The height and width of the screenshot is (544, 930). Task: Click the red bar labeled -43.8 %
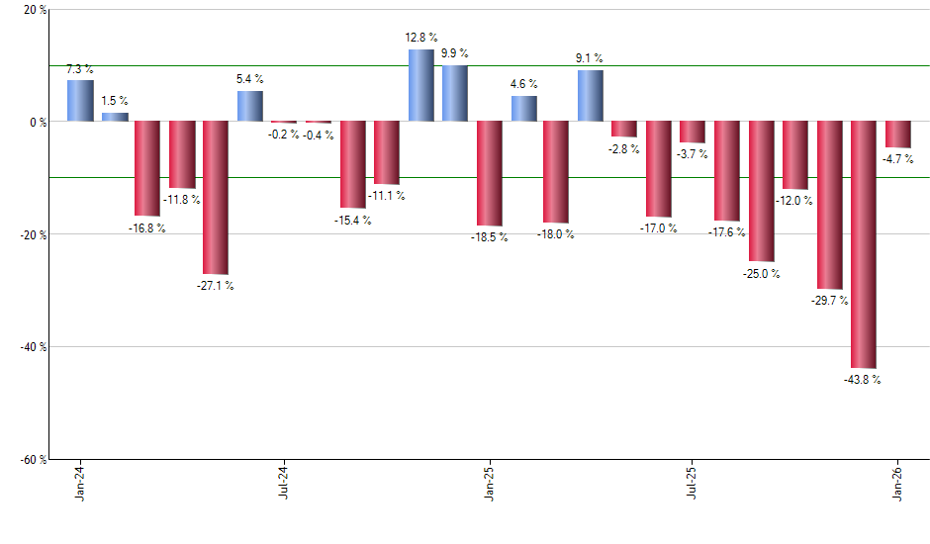pyautogui.click(x=864, y=244)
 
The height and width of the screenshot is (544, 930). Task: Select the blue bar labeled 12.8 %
pyautogui.click(x=421, y=85)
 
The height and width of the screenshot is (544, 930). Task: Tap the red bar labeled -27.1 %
pyautogui.click(x=216, y=198)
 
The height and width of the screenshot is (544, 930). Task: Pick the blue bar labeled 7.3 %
pyautogui.click(x=80, y=101)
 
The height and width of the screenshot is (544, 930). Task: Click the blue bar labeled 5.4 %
pyautogui.click(x=250, y=106)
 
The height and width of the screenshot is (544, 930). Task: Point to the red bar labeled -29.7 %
pyautogui.click(x=829, y=205)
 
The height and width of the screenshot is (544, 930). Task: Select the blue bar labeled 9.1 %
pyautogui.click(x=591, y=96)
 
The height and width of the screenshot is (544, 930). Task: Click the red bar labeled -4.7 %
pyautogui.click(x=898, y=135)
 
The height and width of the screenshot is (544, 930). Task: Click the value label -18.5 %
pyautogui.click(x=490, y=237)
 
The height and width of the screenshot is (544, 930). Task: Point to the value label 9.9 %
pyautogui.click(x=455, y=53)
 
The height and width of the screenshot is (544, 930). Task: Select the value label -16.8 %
pyautogui.click(x=146, y=227)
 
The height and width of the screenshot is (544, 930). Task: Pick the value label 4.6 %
pyautogui.click(x=523, y=84)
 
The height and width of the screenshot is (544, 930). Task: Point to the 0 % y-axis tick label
pyautogui.click(x=37, y=123)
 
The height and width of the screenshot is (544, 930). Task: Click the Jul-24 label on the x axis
pyautogui.click(x=284, y=482)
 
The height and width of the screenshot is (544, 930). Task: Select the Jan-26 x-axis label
pyautogui.click(x=897, y=482)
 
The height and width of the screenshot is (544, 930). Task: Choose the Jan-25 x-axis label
pyautogui.click(x=489, y=482)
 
